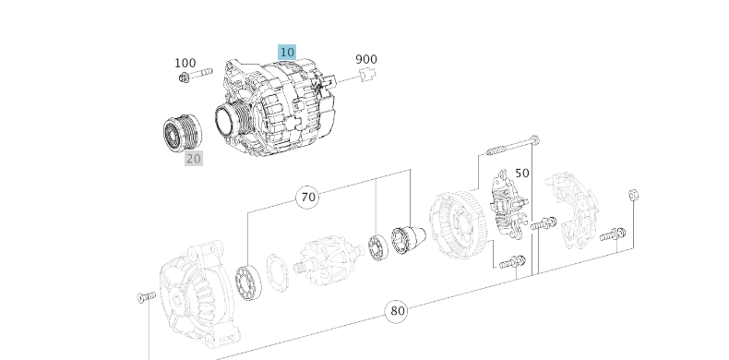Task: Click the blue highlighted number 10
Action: [x=287, y=52]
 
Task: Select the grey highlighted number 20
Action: [x=193, y=158]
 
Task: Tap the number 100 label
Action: [x=185, y=63]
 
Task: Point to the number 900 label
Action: [x=366, y=59]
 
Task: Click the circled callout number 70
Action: [x=308, y=197]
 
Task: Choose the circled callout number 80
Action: [x=398, y=311]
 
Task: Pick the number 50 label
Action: [x=522, y=173]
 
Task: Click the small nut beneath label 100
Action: [x=185, y=79]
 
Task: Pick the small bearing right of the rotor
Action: [x=376, y=247]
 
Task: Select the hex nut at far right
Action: [x=633, y=196]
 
